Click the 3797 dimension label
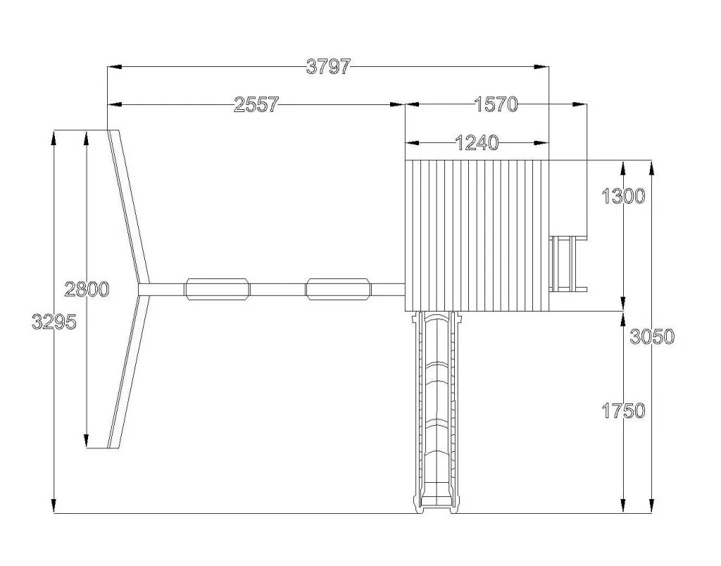tap(328, 67)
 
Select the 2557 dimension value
tap(256, 105)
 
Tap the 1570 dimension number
tap(496, 105)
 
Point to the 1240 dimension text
tap(477, 143)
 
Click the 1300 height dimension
tap(624, 197)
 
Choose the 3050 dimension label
tap(652, 337)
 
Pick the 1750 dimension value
tap(624, 411)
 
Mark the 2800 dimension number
tap(87, 290)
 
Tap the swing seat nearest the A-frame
tap(217, 289)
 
